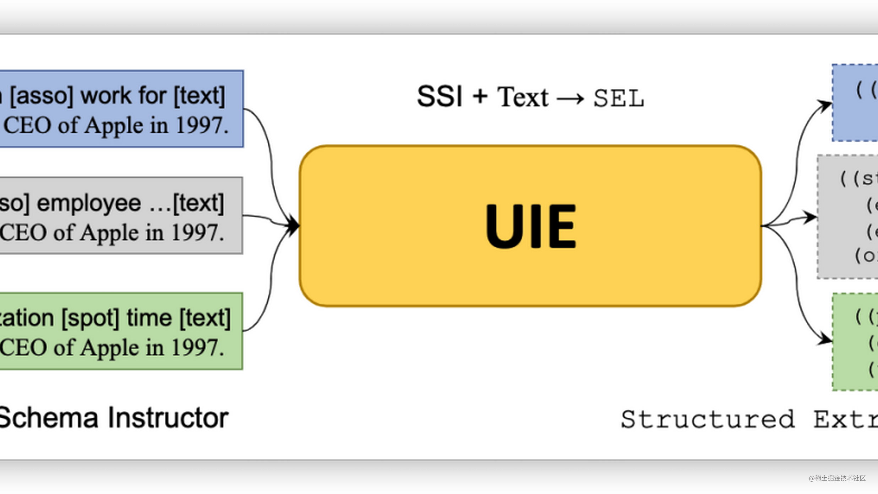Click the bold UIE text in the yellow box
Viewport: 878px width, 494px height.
pos(530,226)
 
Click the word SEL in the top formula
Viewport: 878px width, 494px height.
pos(618,98)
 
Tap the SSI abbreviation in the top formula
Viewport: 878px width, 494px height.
pos(440,97)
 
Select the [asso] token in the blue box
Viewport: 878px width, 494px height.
pos(42,96)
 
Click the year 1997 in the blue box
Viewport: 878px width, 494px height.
pos(202,125)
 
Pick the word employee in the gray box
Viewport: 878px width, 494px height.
pos(89,203)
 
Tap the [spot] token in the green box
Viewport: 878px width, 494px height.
pos(90,318)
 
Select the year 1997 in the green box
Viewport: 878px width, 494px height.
pos(197,347)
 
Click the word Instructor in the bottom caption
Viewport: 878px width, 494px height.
pos(168,418)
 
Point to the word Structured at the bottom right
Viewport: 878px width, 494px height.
pos(707,419)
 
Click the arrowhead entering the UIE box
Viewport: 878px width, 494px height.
pos(293,225)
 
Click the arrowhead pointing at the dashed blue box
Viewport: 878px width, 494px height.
pos(824,105)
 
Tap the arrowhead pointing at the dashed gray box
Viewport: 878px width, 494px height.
pos(810,217)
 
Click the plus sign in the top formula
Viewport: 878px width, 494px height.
pos(480,97)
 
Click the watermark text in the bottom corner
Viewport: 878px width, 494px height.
pos(836,477)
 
